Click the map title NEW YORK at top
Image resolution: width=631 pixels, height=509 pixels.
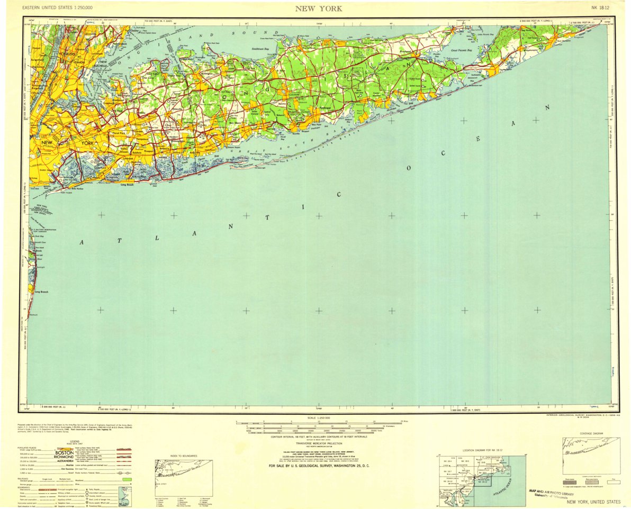(x=318, y=8)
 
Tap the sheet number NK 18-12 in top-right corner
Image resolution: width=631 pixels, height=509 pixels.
(x=602, y=8)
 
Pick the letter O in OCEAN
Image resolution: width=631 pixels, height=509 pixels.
(x=408, y=169)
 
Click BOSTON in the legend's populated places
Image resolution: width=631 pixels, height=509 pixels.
(x=64, y=453)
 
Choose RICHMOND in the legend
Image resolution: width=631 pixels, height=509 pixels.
(x=64, y=457)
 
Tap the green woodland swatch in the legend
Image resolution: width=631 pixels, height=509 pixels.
(x=126, y=479)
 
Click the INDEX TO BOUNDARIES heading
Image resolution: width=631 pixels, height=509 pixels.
(x=180, y=456)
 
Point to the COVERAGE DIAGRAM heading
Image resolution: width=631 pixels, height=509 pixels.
(x=591, y=433)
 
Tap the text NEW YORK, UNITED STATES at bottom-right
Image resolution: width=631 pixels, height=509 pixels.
(x=593, y=501)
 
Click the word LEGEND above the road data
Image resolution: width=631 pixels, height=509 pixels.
(x=74, y=441)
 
